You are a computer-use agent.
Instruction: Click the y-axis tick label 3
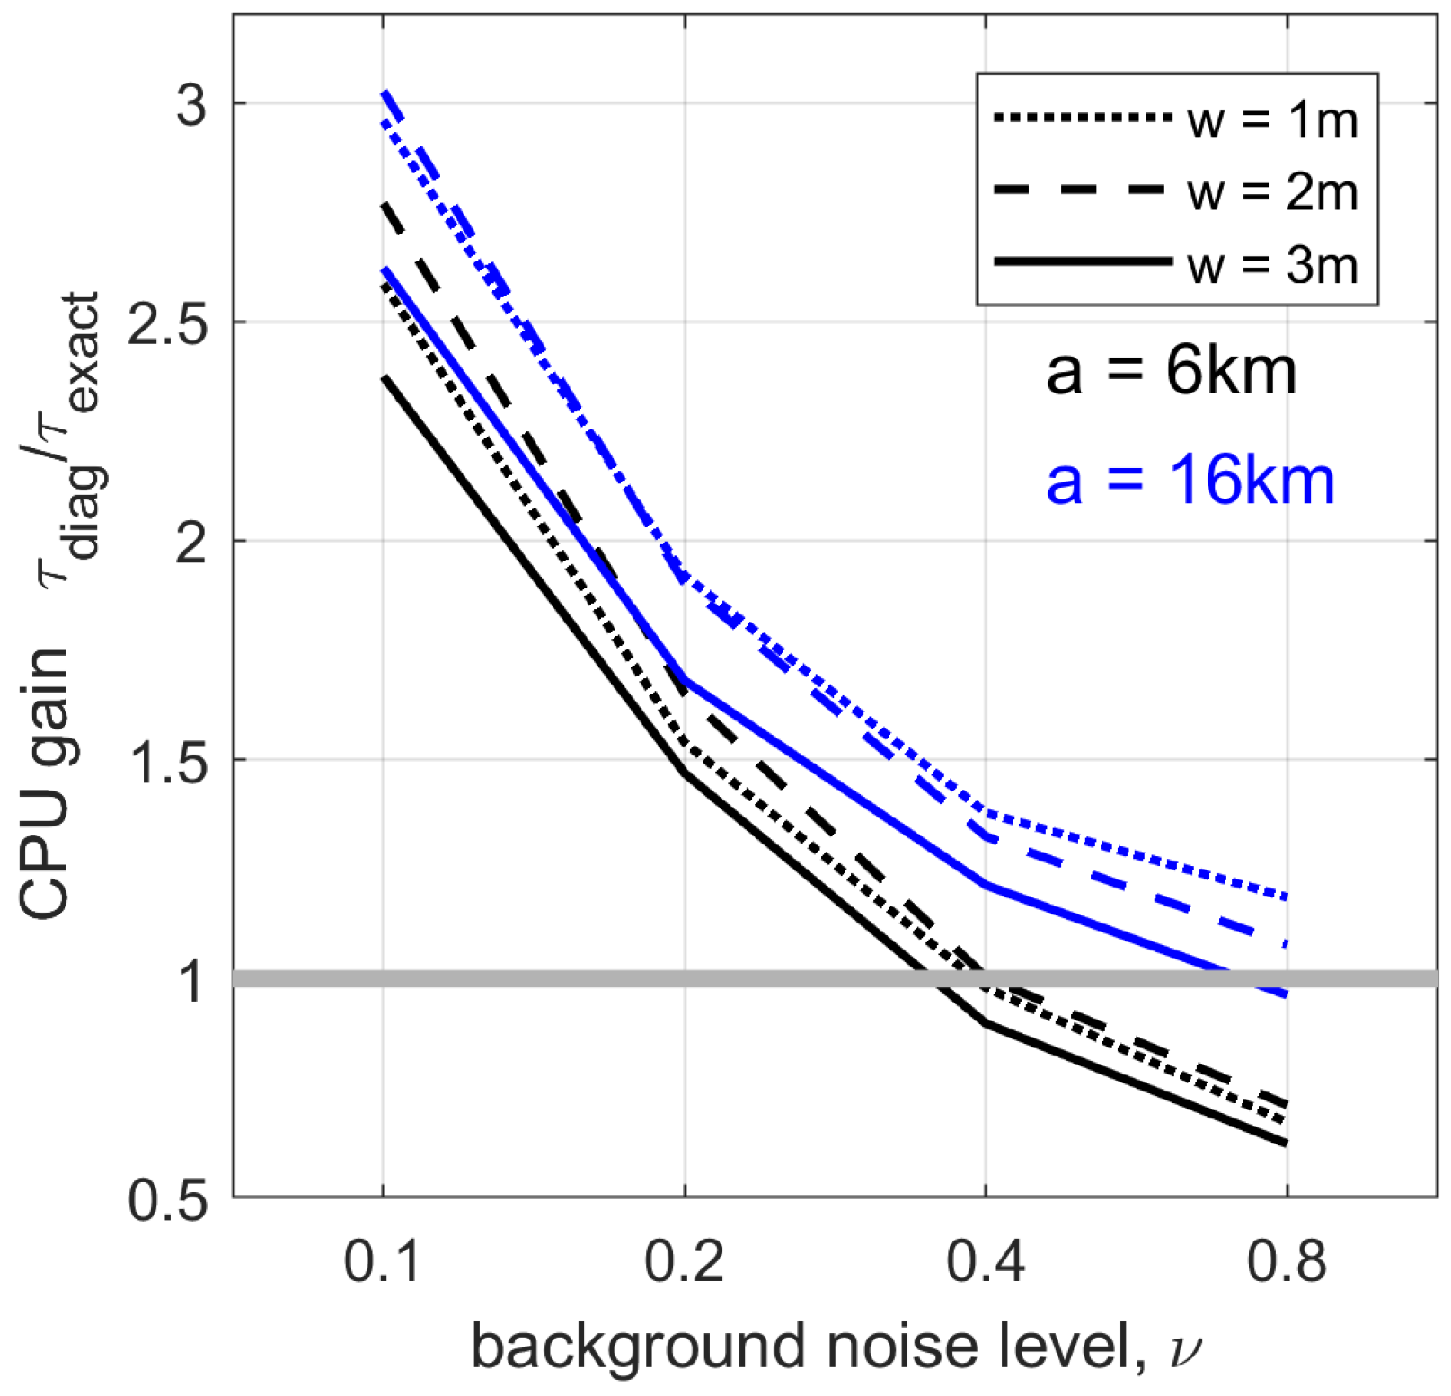pyautogui.click(x=190, y=104)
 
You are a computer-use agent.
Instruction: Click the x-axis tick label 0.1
pyautogui.click(x=383, y=1261)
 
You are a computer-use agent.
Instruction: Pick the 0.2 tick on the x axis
pyautogui.click(x=684, y=1261)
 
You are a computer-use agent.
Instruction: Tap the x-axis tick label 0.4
pyautogui.click(x=986, y=1261)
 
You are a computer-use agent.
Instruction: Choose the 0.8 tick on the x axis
pyautogui.click(x=1287, y=1261)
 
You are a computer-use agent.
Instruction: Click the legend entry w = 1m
pyautogui.click(x=1271, y=119)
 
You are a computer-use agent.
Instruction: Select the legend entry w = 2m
pyautogui.click(x=1271, y=191)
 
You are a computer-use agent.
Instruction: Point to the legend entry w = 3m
pyautogui.click(x=1271, y=264)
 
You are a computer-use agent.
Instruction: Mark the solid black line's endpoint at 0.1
pyautogui.click(x=384, y=377)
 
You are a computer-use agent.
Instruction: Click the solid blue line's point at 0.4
pyautogui.click(x=986, y=885)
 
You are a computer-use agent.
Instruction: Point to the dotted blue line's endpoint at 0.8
pyautogui.click(x=1287, y=897)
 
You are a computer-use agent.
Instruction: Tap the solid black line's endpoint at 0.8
pyautogui.click(x=1287, y=1144)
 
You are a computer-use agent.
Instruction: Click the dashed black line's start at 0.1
pyautogui.click(x=384, y=205)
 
